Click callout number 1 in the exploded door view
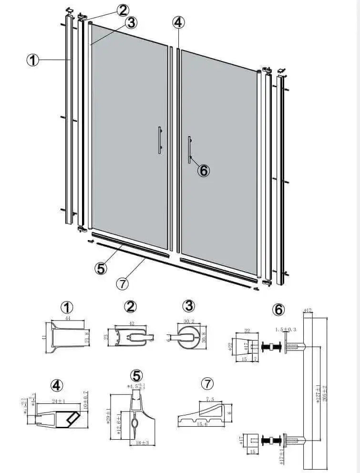pos(32,60)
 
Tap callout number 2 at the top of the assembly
pos(123,10)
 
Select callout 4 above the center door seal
pos(178,21)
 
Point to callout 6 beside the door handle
pos(204,170)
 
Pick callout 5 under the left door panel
pos(101,268)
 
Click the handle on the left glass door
pos(160,140)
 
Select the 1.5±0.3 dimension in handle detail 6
pos(286,329)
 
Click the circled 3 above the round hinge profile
pos(189,305)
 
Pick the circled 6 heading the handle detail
pos(278,309)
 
